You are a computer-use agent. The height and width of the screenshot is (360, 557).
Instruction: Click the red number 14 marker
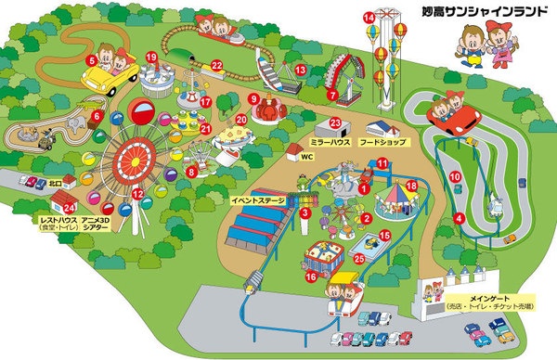point(369,17)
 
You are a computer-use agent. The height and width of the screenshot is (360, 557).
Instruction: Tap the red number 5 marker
point(92,60)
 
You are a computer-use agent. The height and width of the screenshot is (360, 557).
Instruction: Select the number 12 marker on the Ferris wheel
point(137,194)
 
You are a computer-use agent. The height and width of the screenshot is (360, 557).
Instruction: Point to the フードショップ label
point(382,144)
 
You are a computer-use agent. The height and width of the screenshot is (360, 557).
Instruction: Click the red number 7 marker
point(331,95)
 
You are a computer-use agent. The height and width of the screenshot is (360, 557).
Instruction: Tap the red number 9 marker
point(253,97)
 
